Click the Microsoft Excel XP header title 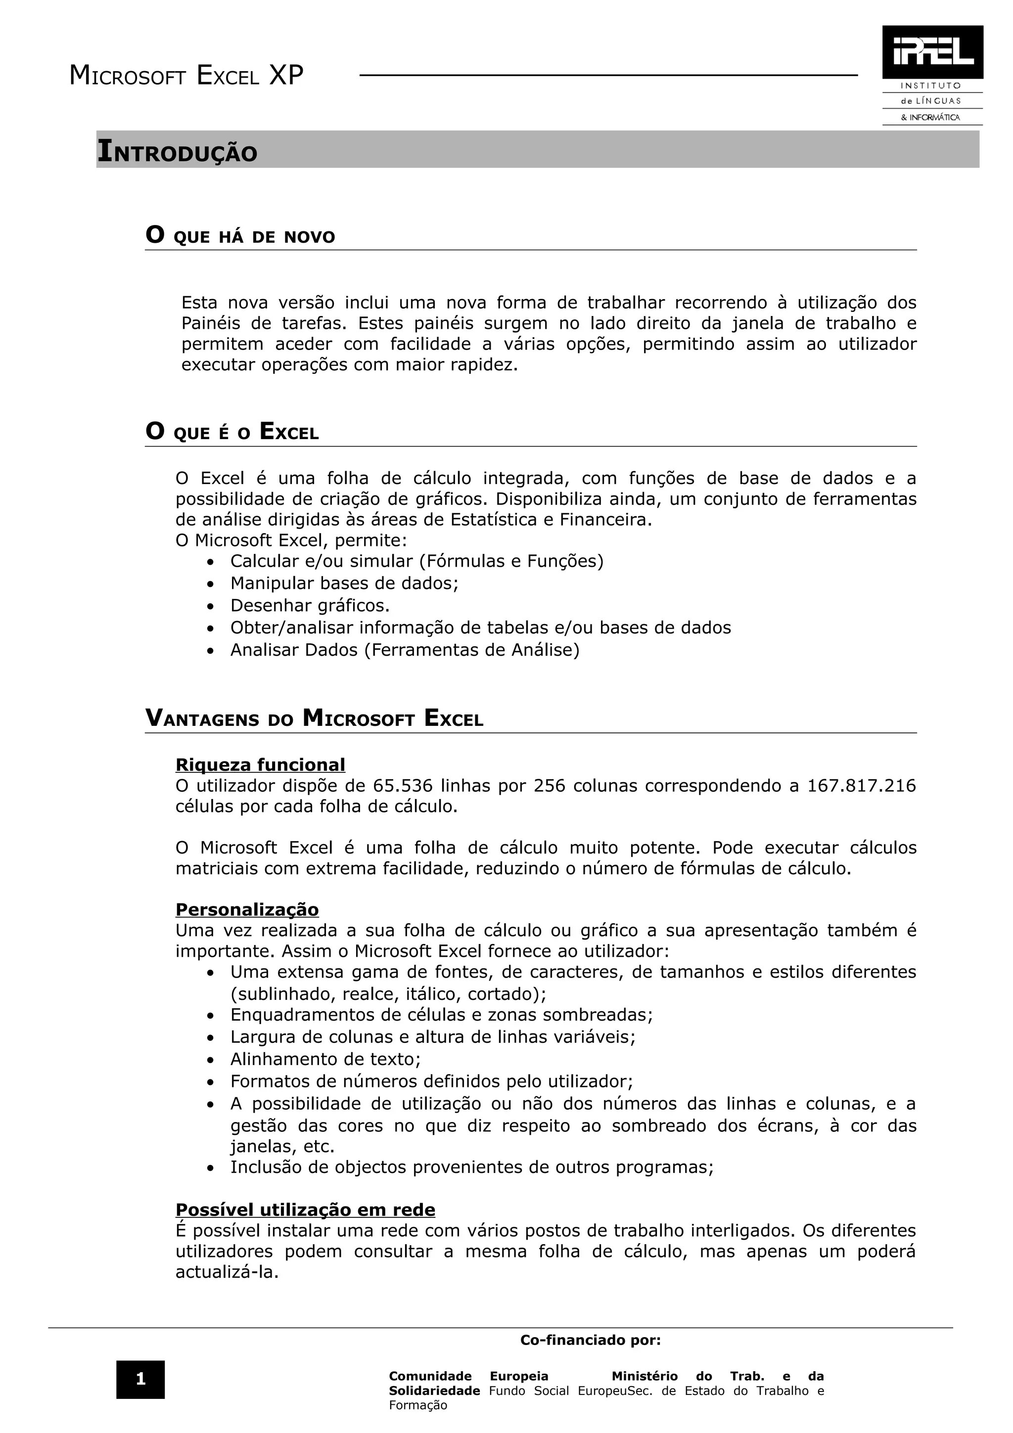point(186,76)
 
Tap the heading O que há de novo point(240,236)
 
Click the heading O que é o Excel point(232,432)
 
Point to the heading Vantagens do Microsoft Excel point(314,718)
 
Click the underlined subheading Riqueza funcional point(260,764)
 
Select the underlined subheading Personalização point(247,909)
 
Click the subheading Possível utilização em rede point(305,1209)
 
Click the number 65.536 point(404,786)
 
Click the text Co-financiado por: point(591,1340)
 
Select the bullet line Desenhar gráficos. point(310,605)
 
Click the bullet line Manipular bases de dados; point(344,583)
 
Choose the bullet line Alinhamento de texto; point(325,1059)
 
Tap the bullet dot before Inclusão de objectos point(211,1168)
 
